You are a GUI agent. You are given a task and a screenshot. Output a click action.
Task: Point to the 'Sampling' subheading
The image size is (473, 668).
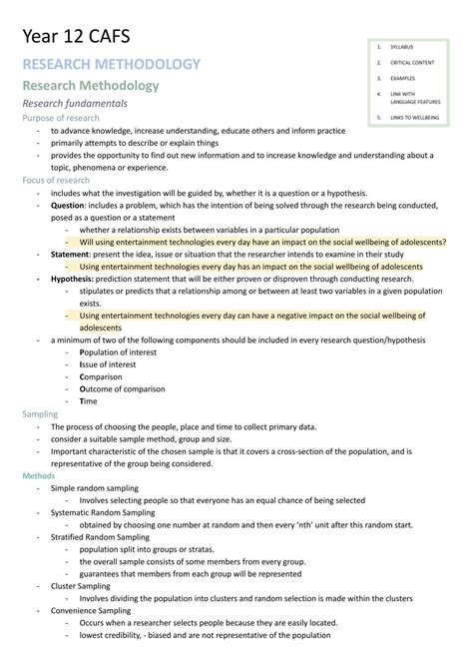pos(40,413)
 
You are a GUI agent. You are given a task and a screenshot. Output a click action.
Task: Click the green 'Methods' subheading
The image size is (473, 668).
pos(39,476)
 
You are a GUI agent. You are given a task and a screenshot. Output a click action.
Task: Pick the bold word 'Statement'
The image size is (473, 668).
pos(72,254)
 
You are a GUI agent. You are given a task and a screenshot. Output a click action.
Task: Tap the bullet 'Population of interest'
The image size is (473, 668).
pos(122,351)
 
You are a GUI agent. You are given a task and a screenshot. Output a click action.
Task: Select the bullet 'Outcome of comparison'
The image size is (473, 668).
pos(125,388)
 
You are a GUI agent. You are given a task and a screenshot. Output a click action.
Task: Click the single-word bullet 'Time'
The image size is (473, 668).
pos(89,400)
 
